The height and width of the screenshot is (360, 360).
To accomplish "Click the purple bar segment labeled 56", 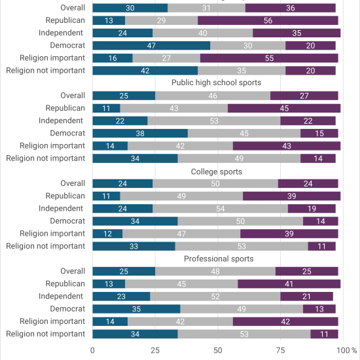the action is click(x=268, y=20).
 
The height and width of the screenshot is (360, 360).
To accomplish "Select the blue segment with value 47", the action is click(x=151, y=45).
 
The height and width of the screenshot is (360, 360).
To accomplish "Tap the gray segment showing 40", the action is click(x=202, y=33).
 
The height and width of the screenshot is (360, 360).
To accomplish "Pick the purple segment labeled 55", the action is click(x=269, y=58).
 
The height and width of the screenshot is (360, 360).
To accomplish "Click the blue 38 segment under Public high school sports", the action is click(x=140, y=134).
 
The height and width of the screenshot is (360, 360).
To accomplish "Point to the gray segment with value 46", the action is click(x=213, y=96).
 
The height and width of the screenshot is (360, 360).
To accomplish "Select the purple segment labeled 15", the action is click(x=319, y=134).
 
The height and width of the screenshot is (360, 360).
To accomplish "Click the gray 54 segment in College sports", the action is click(x=220, y=209).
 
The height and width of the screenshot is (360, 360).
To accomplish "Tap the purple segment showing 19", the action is click(x=312, y=209).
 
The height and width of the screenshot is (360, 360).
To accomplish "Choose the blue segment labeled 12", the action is click(x=107, y=234).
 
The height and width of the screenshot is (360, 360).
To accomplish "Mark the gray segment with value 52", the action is click(x=215, y=297).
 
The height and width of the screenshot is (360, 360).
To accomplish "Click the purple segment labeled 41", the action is click(x=289, y=284).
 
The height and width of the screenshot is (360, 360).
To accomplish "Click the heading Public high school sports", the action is click(x=216, y=82).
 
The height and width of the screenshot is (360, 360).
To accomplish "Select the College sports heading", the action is click(x=217, y=171).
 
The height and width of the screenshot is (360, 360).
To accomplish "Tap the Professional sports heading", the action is click(x=219, y=259).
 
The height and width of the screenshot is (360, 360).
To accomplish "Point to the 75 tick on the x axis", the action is click(x=280, y=350).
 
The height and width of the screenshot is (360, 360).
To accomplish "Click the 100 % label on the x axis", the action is click(x=347, y=350).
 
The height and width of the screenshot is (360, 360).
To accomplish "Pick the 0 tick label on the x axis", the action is click(x=92, y=350).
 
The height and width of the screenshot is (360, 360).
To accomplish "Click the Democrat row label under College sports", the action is click(x=67, y=221).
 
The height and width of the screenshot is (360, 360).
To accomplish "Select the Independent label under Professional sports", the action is click(x=61, y=296).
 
